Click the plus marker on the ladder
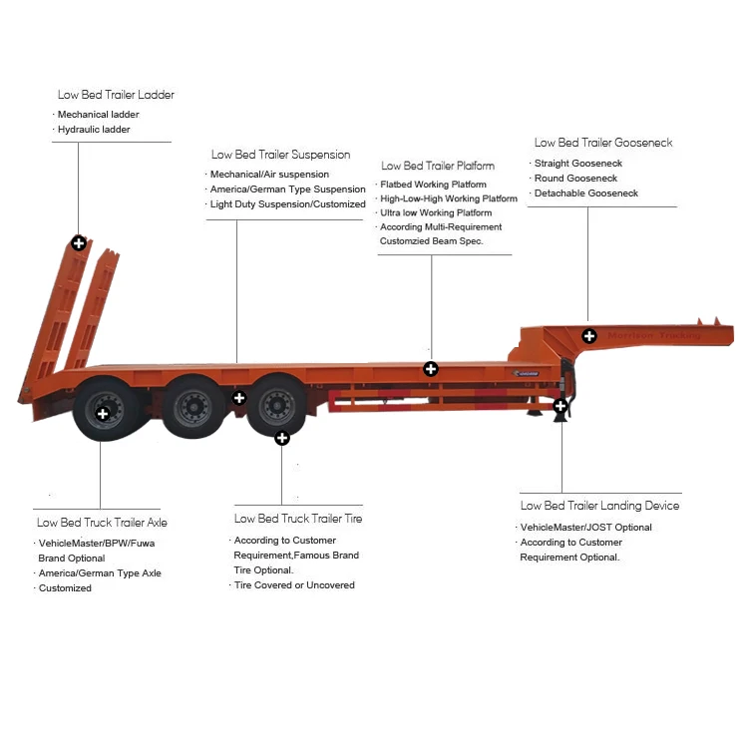click(78, 243)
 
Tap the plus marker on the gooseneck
click(589, 335)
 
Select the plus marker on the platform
click(431, 369)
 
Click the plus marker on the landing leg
click(561, 406)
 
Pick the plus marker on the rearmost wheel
click(102, 413)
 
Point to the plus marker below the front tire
click(282, 437)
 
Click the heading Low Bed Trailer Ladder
click(116, 95)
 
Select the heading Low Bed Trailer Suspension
click(280, 155)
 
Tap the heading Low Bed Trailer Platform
click(438, 166)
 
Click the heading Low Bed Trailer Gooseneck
click(602, 143)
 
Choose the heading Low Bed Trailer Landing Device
click(599, 506)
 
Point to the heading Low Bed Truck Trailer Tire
click(298, 519)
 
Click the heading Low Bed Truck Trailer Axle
click(102, 522)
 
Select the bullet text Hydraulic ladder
click(94, 130)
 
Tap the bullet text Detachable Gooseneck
click(585, 193)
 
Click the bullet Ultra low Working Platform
click(436, 213)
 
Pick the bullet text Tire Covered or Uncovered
click(294, 585)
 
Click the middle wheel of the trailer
click(189, 406)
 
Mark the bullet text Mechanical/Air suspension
click(269, 175)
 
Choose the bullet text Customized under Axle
click(65, 588)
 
